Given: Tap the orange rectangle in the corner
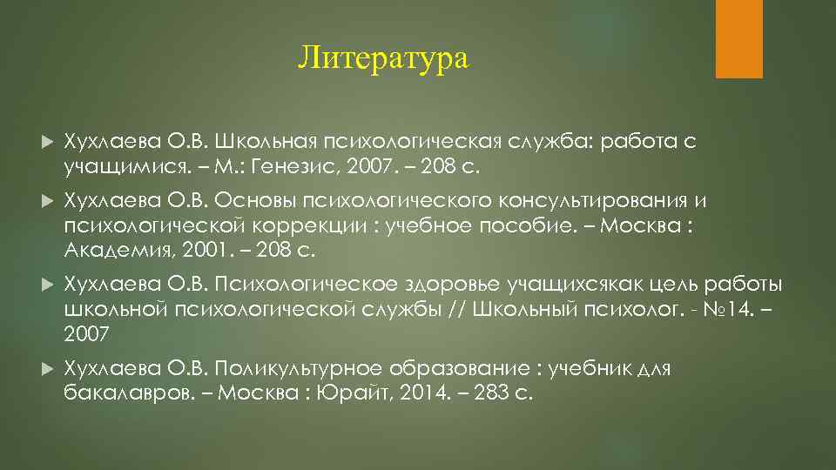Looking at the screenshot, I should (x=738, y=39).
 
